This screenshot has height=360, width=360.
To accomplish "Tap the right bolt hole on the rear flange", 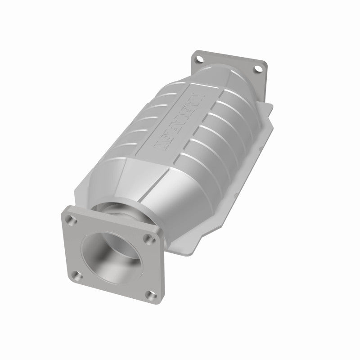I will coord(257,69).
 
